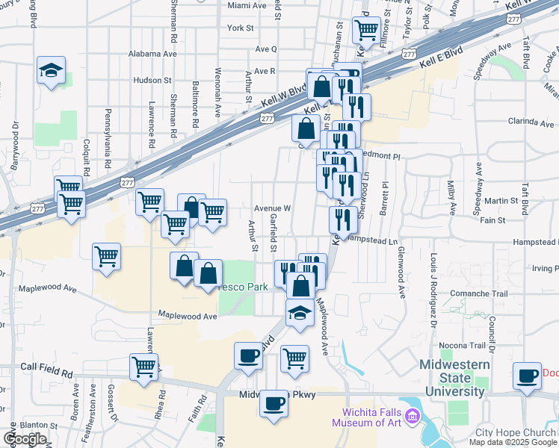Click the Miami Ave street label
tap(247, 5)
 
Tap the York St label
tap(241, 28)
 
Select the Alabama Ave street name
tap(152, 54)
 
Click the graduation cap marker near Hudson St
tap(51, 72)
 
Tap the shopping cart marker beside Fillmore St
tap(366, 31)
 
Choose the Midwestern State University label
tap(454, 378)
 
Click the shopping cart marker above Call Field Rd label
tap(143, 367)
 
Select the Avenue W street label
tap(272, 208)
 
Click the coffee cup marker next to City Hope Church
tap(528, 376)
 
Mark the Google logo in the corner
tap(24, 440)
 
